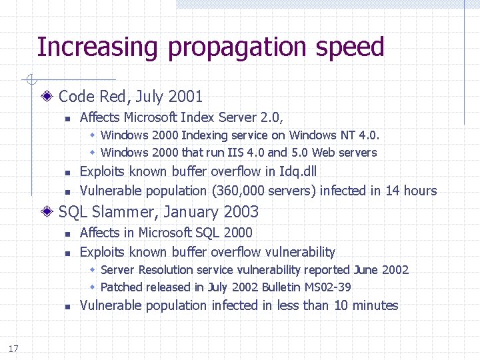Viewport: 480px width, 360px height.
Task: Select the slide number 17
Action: pyautogui.click(x=13, y=349)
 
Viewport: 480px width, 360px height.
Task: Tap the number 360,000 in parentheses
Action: pyautogui.click(x=238, y=191)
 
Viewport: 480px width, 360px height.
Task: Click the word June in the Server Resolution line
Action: pyautogui.click(x=367, y=270)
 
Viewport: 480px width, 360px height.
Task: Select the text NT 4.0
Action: pyautogui.click(x=364, y=135)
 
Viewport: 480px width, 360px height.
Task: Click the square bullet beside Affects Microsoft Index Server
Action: pyautogui.click(x=67, y=119)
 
